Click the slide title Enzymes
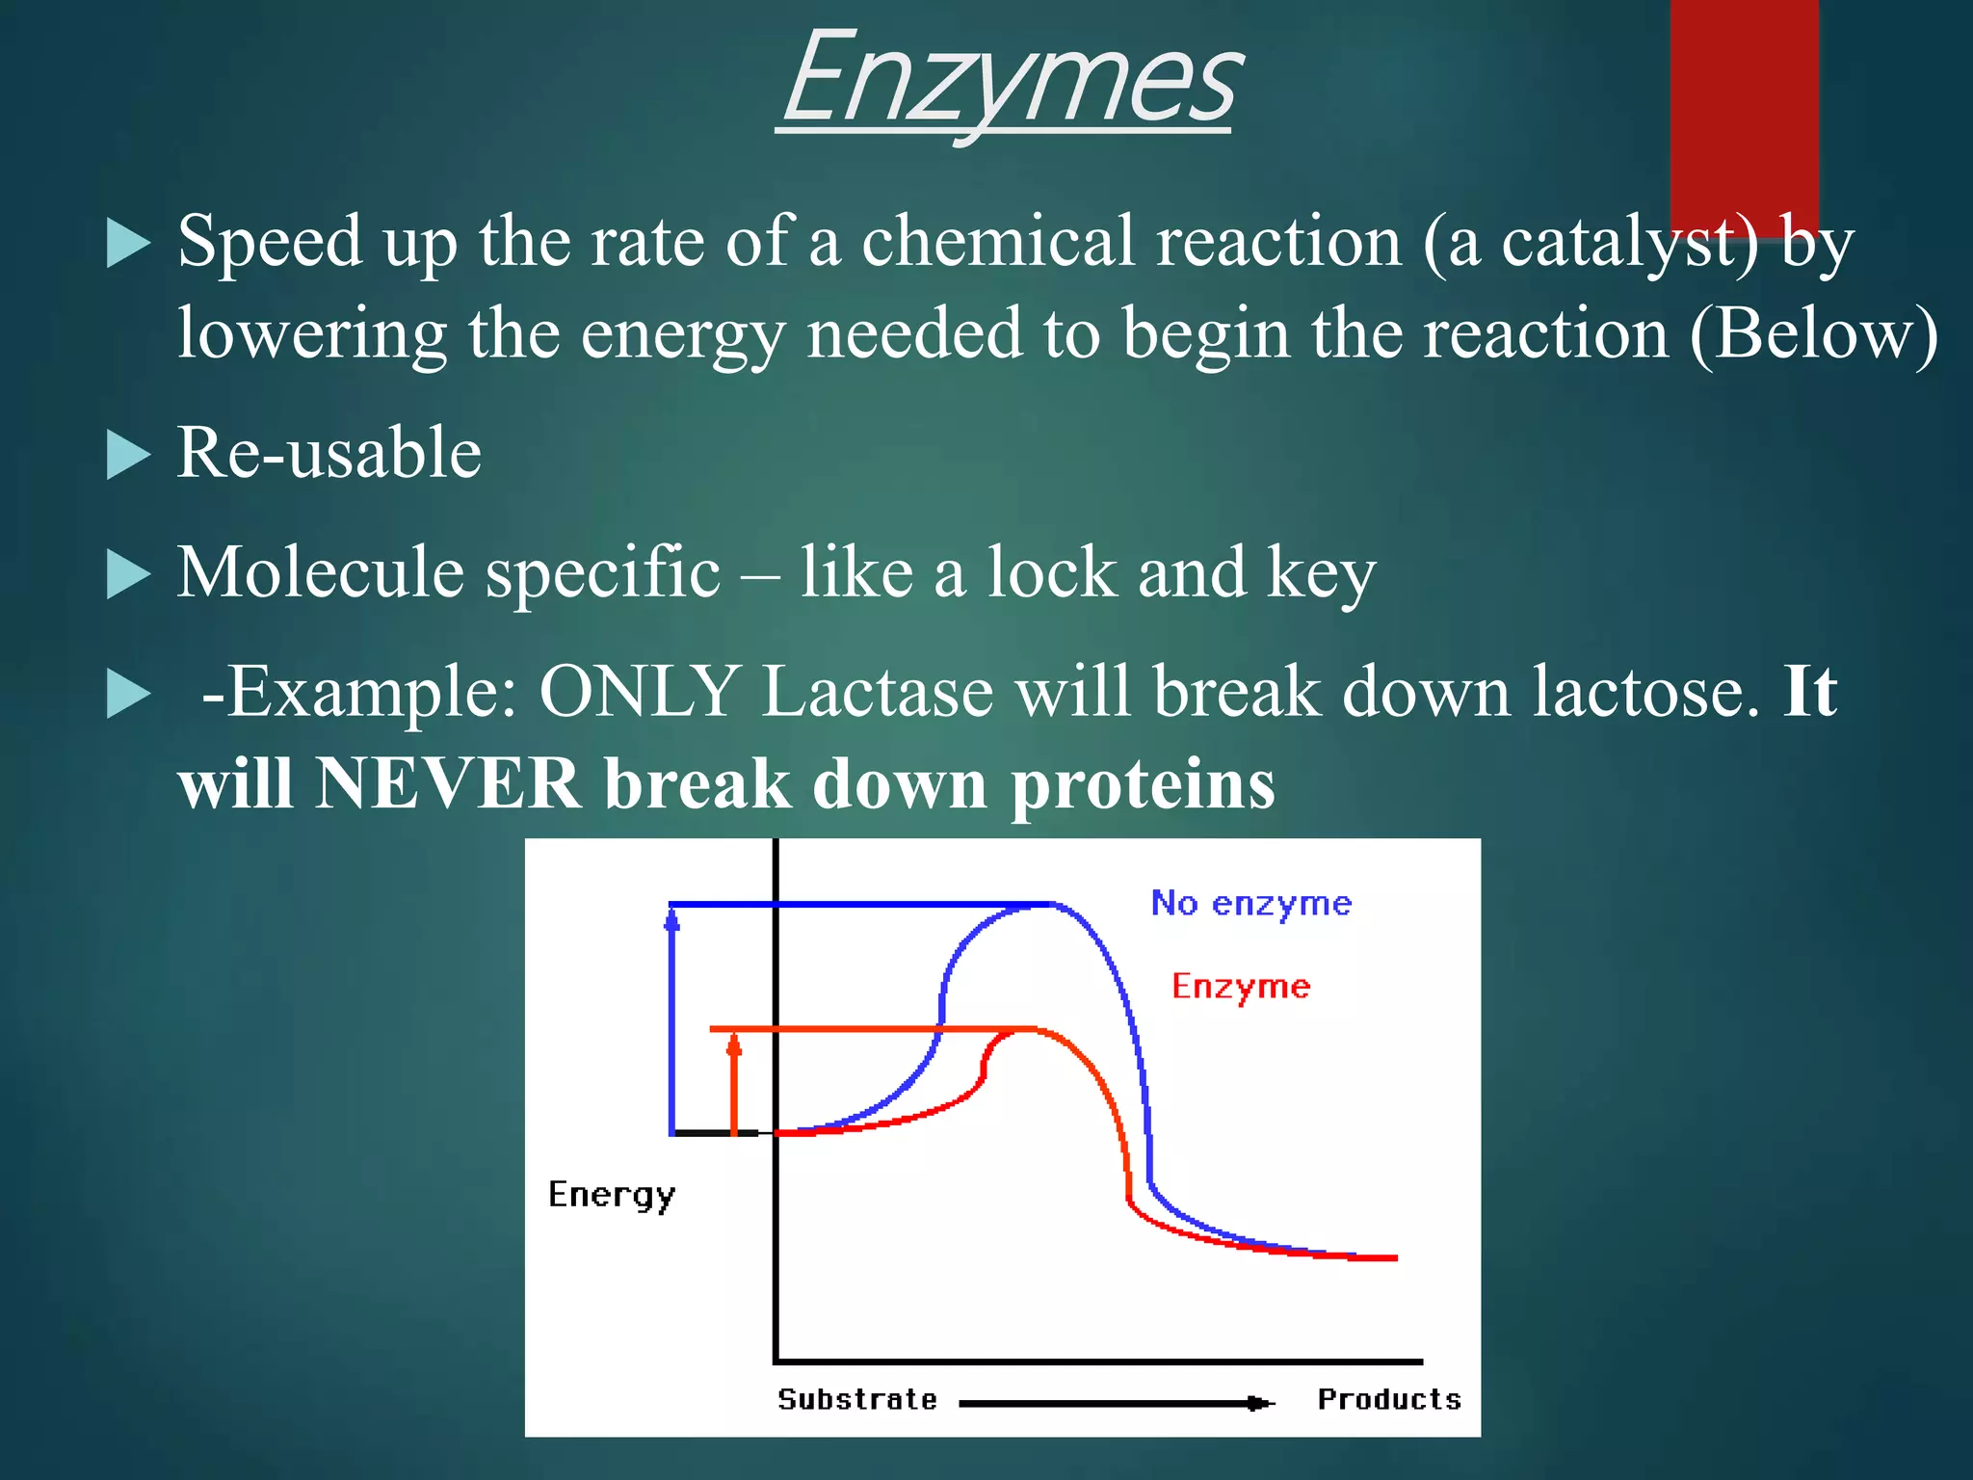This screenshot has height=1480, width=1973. click(1007, 82)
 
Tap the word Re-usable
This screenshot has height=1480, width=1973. click(329, 453)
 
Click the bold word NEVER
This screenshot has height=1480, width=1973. click(449, 783)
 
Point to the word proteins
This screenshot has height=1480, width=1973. click(1143, 785)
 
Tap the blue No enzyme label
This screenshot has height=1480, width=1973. click(1251, 904)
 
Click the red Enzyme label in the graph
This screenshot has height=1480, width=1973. click(1241, 987)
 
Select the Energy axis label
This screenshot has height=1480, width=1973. click(611, 1196)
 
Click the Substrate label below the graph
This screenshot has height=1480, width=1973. click(857, 1399)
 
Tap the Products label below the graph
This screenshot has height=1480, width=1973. click(1388, 1399)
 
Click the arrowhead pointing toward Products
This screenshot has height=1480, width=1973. click(1256, 1403)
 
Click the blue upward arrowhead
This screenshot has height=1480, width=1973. click(672, 922)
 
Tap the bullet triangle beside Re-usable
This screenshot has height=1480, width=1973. click(127, 455)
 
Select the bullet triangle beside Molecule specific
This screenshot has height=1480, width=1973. click(127, 575)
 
